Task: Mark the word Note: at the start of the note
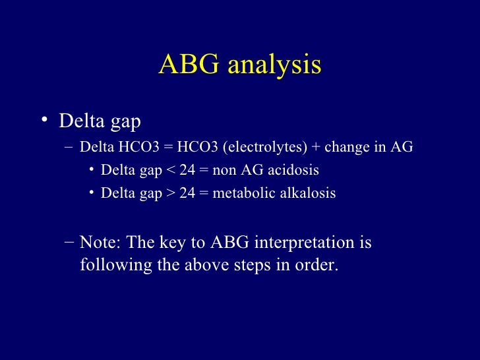[101, 243]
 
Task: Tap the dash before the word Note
[70, 243]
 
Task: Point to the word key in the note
[173, 243]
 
